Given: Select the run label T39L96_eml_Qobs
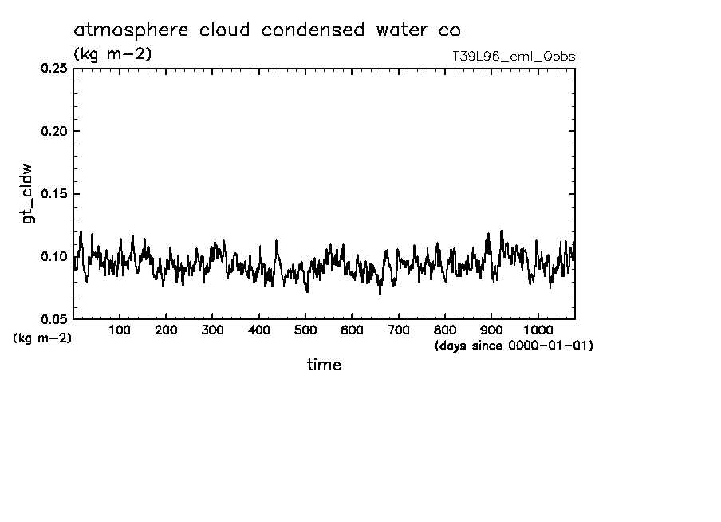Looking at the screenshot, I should click(x=513, y=57).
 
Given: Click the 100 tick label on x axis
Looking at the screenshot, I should click(x=120, y=330).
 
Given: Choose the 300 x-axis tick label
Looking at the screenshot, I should click(x=212, y=330).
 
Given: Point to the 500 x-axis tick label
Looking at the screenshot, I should click(x=305, y=330).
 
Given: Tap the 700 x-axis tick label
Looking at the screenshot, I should click(x=398, y=330).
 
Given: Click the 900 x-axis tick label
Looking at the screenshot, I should click(x=491, y=330).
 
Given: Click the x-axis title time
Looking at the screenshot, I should click(x=324, y=365).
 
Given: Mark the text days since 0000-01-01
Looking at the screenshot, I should click(x=514, y=346).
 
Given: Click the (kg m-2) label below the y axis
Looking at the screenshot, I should click(x=42, y=338).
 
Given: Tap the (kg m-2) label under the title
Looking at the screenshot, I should click(x=112, y=54).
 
